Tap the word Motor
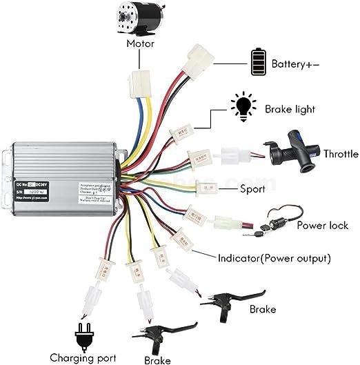(x=140, y=43)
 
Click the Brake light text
(x=288, y=109)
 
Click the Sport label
(x=252, y=188)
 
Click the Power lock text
(x=322, y=225)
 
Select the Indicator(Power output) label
(x=274, y=259)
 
